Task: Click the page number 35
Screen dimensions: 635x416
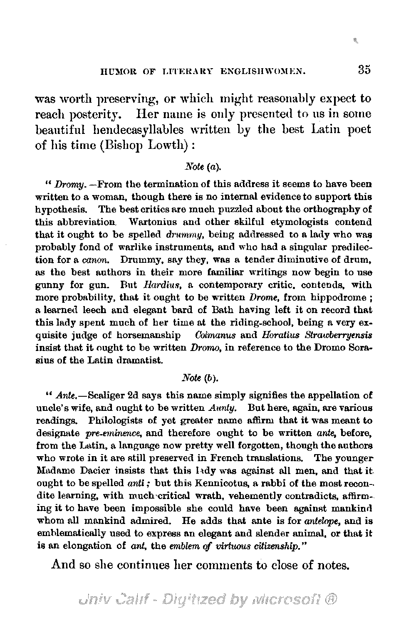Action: pyautogui.click(x=364, y=70)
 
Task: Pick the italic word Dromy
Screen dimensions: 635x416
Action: pyautogui.click(x=64, y=184)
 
